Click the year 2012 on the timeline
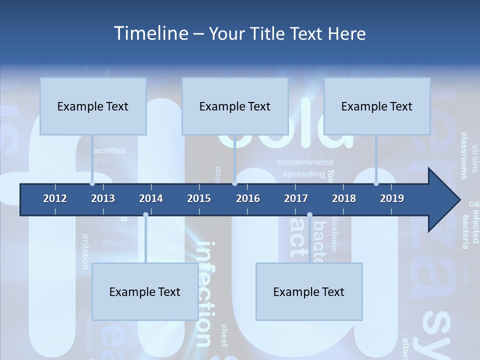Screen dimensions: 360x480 click(55, 198)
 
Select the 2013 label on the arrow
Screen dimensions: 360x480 click(103, 198)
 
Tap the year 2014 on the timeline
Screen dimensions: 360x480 click(151, 198)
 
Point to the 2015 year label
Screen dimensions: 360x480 click(199, 198)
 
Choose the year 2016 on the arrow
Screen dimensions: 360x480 click(248, 198)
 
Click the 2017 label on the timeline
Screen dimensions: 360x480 click(296, 198)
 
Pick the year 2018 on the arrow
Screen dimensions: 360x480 click(344, 198)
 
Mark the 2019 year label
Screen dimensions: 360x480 click(392, 198)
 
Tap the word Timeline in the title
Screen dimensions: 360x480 click(149, 33)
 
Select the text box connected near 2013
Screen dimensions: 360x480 click(93, 106)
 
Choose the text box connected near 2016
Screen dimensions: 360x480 click(235, 106)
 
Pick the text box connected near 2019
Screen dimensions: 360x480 click(377, 106)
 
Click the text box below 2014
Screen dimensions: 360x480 click(145, 291)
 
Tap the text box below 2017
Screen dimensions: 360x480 click(309, 291)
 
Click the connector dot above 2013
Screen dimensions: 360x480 click(92, 183)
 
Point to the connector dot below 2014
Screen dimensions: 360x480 click(145, 215)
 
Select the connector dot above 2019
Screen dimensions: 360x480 click(376, 183)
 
